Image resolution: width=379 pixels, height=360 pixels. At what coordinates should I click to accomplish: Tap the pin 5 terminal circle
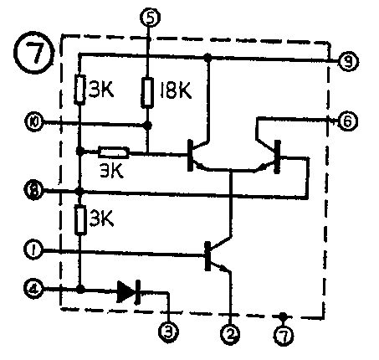pos(149,16)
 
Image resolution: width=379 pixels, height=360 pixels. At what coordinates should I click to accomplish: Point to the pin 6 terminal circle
pos(346,121)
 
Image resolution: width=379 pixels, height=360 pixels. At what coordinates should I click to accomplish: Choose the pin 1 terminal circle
pos(33,249)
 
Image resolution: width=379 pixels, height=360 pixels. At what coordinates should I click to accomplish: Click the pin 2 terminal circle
pos(229,334)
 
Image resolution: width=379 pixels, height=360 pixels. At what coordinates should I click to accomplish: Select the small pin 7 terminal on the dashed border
pos(284,334)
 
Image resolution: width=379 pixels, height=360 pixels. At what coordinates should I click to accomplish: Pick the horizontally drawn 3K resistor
pos(112,153)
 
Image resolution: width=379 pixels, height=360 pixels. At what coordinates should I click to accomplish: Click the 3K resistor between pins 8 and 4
pos(80,221)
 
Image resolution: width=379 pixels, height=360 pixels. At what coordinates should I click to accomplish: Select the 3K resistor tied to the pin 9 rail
pos(80,89)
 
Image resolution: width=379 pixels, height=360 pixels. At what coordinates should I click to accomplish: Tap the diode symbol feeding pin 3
pos(128,291)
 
